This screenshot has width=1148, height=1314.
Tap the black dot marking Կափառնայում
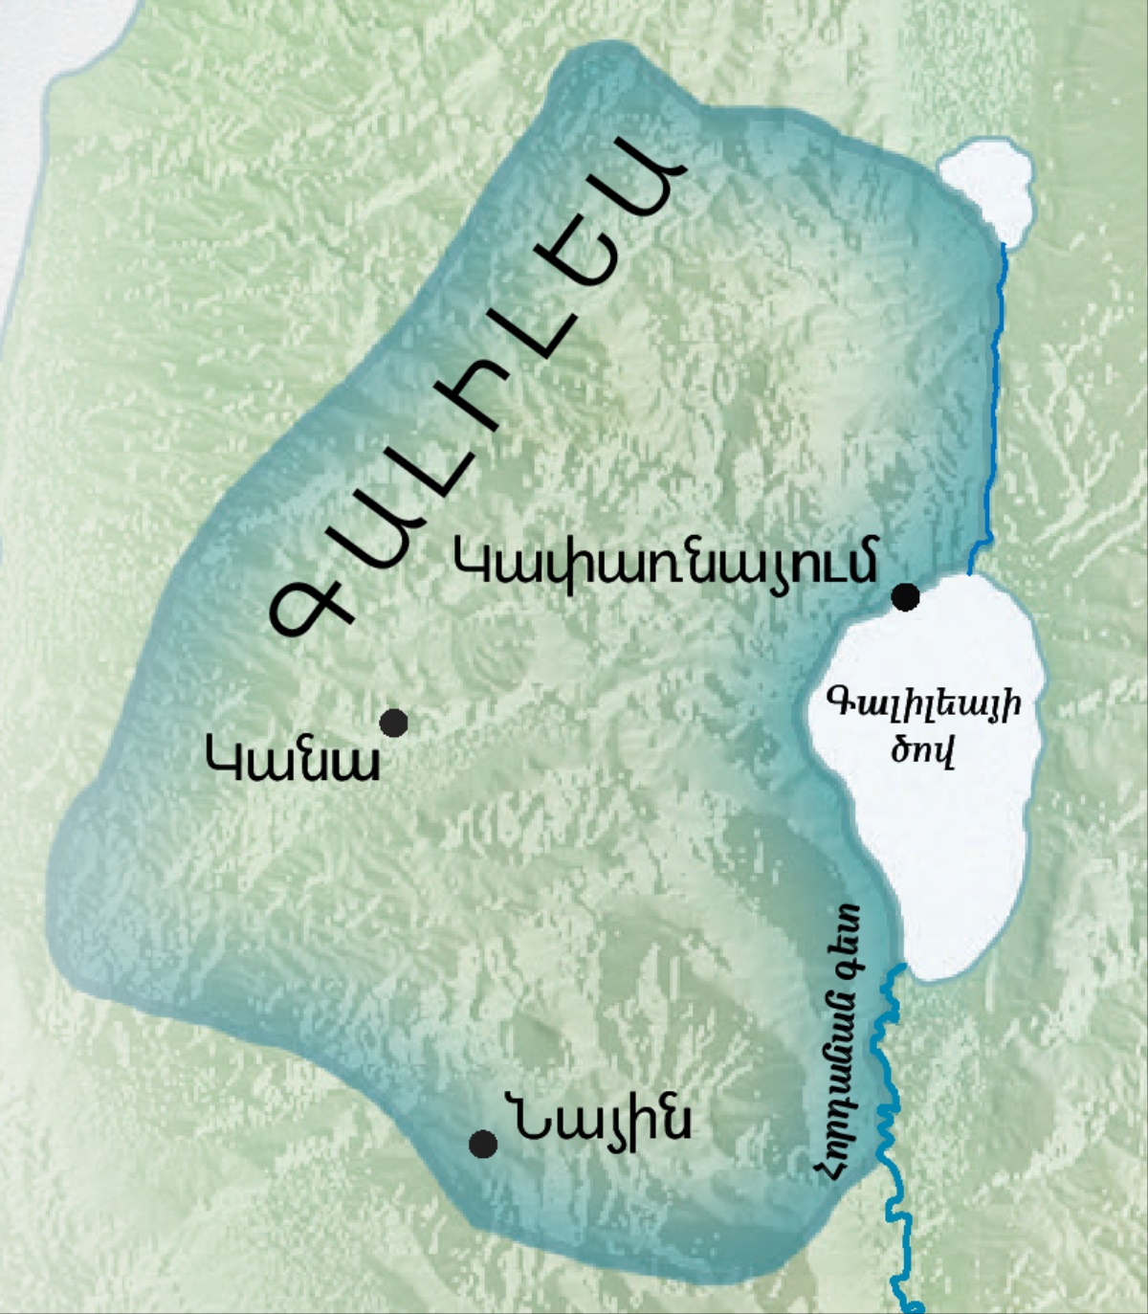(905, 597)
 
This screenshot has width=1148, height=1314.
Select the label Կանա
(293, 762)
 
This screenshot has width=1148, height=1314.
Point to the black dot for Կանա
(393, 723)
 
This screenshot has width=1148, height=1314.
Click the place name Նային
(604, 1120)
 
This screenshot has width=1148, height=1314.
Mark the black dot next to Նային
(483, 1144)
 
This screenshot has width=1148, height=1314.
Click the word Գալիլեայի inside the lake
(923, 705)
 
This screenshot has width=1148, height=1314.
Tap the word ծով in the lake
(922, 750)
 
